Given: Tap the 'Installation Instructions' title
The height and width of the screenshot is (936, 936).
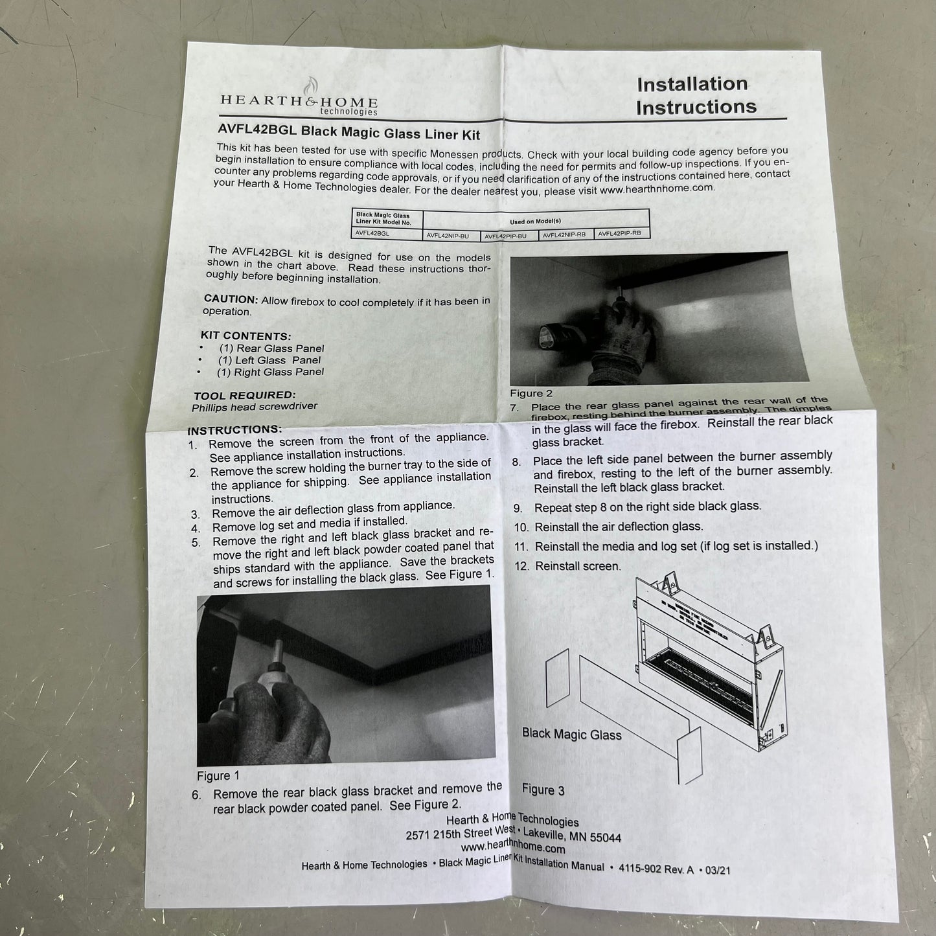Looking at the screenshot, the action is [x=696, y=96].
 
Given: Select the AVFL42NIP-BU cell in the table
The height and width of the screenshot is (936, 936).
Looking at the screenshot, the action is [x=448, y=236].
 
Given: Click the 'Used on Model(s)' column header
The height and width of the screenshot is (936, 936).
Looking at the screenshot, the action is [x=535, y=222].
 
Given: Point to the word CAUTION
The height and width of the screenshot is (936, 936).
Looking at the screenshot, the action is [x=230, y=299].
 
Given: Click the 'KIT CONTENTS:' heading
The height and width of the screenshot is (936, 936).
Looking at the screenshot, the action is [x=245, y=336].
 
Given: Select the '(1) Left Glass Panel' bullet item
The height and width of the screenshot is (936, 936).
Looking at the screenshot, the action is [x=269, y=360].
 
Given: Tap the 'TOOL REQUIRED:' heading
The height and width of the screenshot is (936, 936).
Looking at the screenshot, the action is [x=244, y=395].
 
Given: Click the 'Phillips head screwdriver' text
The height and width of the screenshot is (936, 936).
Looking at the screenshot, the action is [x=255, y=407].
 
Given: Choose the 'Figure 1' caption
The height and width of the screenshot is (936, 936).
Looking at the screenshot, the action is [x=218, y=776].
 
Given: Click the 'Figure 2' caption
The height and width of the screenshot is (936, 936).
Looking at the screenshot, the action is [x=531, y=393].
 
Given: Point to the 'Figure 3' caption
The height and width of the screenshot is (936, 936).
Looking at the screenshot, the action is [x=543, y=790].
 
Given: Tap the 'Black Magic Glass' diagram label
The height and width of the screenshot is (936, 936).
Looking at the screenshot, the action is [x=572, y=734].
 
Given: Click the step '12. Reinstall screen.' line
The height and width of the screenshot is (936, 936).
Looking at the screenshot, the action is [x=568, y=566].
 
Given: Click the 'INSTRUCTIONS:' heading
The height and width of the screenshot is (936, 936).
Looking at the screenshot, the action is [x=234, y=430].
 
